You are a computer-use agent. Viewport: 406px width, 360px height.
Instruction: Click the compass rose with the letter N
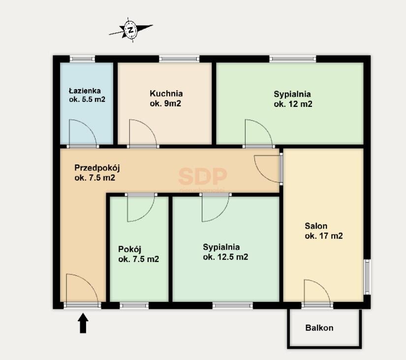[130, 30]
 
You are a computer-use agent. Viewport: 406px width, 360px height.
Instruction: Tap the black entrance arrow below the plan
[83, 324]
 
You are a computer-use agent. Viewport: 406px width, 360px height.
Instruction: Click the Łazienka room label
[85, 91]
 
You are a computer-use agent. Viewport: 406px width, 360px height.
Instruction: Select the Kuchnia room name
[166, 93]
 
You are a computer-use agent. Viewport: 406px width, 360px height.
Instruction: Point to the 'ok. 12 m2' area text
[293, 104]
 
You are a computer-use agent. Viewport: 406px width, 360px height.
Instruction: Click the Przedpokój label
[97, 167]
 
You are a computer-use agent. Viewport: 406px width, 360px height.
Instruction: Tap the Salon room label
[316, 226]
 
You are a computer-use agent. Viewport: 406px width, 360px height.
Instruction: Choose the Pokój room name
[130, 249]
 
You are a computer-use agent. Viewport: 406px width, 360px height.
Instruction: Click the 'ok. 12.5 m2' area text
[225, 257]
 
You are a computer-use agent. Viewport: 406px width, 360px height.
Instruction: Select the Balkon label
[319, 327]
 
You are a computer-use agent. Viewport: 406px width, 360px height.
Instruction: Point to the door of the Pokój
[140, 208]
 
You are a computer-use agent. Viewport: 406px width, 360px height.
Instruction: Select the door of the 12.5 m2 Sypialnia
[214, 208]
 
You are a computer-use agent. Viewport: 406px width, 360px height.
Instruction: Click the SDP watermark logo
[202, 176]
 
